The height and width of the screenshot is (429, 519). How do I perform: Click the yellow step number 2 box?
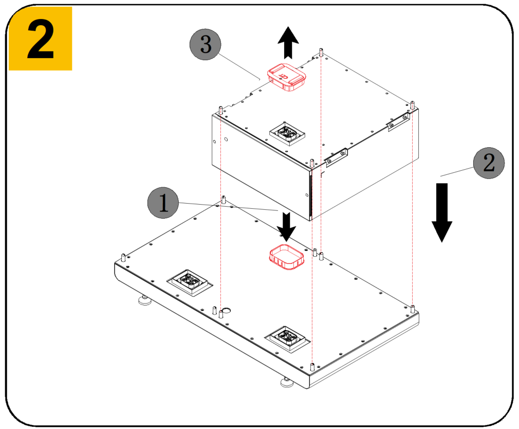[41, 39]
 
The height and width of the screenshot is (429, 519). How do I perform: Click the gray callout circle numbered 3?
[205, 44]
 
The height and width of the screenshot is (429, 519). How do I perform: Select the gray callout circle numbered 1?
[163, 202]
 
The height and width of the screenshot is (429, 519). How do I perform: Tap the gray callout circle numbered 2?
[489, 163]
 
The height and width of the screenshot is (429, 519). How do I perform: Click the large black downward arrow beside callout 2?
[442, 212]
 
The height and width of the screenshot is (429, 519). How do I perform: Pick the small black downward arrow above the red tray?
[286, 227]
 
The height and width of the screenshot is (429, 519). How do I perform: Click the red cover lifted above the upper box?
[287, 77]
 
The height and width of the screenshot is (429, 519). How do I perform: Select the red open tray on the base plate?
[286, 257]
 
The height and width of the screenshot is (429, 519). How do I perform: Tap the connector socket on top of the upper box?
[287, 133]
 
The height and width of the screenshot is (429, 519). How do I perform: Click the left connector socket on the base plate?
[190, 282]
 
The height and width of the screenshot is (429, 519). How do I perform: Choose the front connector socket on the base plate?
[287, 338]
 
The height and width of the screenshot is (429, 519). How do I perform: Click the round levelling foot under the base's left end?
[144, 300]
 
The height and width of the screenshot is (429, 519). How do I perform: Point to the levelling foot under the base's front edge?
[287, 382]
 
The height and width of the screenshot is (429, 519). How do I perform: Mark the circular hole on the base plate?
[226, 310]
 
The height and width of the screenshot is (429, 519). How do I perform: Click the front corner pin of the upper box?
[312, 163]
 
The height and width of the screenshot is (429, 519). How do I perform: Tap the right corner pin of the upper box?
[412, 105]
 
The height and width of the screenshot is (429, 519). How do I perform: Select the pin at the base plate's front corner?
[312, 367]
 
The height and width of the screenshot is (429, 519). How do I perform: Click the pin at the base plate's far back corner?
[224, 200]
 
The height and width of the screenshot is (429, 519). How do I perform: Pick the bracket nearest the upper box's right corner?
[399, 121]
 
